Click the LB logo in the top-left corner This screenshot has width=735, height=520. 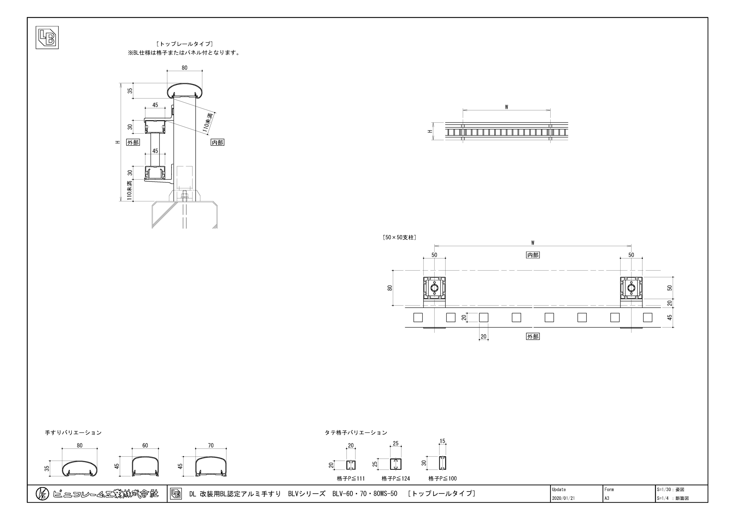tap(47, 38)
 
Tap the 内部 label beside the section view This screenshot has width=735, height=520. tap(217, 142)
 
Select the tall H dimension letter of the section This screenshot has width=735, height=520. tap(118, 142)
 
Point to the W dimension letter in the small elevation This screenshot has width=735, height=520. tap(506, 107)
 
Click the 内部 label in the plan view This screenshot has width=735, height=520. tap(533, 255)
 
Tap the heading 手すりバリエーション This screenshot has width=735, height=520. tap(73, 433)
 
